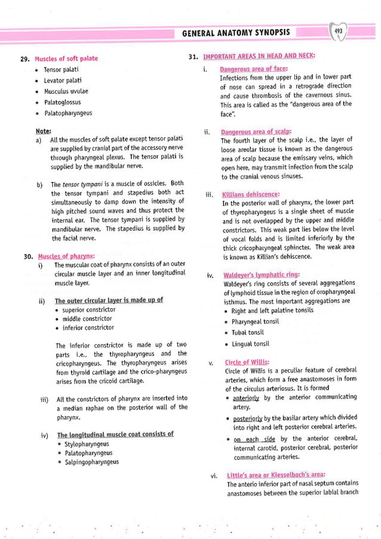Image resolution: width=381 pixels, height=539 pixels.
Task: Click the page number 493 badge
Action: pos(339,31)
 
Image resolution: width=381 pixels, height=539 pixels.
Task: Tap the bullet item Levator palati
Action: pos(63,80)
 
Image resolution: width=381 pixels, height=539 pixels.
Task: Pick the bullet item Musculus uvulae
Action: pos(66,91)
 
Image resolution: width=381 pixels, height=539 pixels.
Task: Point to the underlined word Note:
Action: pos(43,130)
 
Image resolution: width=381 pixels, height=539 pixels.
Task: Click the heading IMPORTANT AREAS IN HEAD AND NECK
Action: pos(259,57)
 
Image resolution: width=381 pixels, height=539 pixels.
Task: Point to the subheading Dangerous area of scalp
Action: pos(248,131)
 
